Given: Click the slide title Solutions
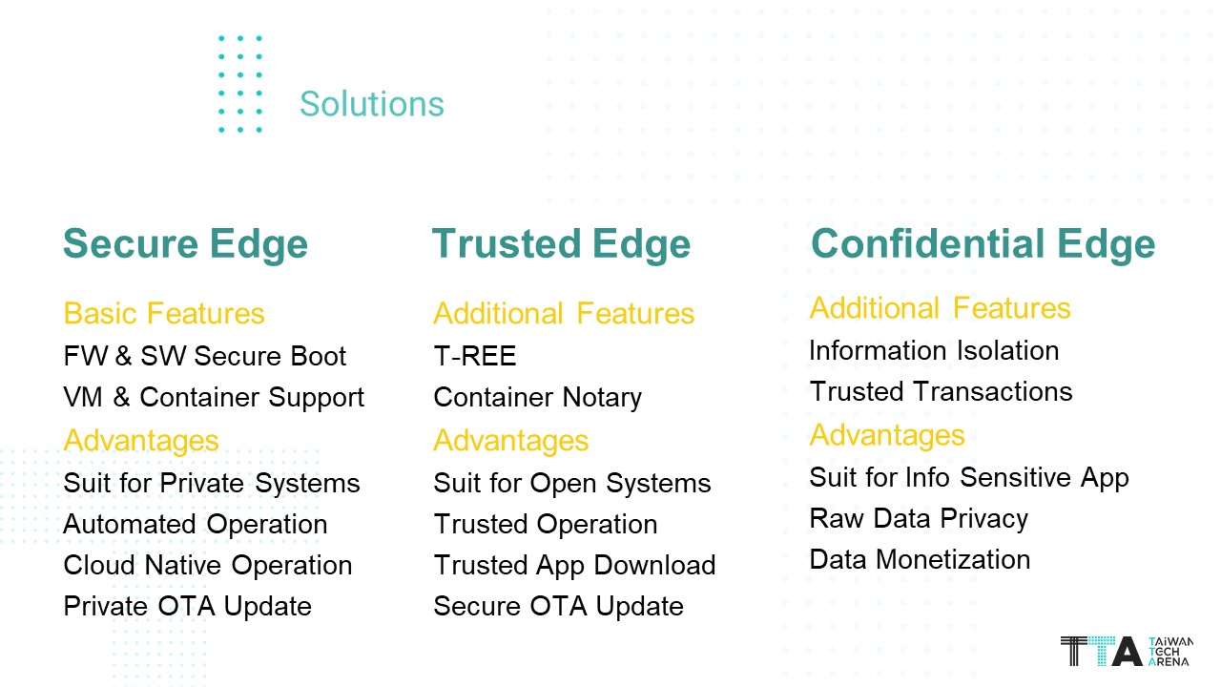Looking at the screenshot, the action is point(372,104).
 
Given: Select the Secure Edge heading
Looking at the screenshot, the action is point(185,244).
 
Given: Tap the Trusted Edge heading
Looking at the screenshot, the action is point(562,244).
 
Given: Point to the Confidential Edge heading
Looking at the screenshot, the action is point(983,244).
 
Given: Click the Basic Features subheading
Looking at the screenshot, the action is point(164,314).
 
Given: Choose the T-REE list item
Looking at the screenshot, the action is point(475,356).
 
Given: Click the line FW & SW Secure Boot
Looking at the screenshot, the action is point(204,356).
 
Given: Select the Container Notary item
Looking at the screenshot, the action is point(537,398).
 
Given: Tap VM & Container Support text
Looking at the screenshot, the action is point(214,398).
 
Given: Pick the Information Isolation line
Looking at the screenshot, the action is point(934,350).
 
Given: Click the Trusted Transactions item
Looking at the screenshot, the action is point(942,391).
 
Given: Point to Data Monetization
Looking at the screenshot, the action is point(921,560).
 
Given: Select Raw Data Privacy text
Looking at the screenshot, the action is point(919,519).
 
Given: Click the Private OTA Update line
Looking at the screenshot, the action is point(188,607).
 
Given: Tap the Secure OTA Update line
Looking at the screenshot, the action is point(559,607).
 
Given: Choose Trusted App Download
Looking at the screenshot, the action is point(574,566).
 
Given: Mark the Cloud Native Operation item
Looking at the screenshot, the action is point(208,566).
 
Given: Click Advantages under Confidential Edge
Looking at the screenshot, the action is point(887,436).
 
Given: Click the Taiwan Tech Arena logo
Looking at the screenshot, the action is point(1127,651).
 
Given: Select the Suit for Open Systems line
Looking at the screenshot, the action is point(572,484).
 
